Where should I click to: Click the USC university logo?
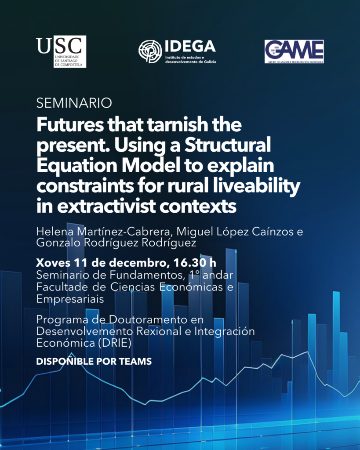[61, 52]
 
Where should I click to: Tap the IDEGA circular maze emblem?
[150, 51]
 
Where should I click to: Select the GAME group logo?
[294, 52]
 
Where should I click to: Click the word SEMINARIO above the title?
[74, 103]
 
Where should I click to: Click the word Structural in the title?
[228, 145]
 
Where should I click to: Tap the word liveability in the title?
[256, 186]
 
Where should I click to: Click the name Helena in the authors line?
[55, 231]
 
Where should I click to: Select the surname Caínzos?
[273, 231]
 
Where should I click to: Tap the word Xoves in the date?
[53, 263]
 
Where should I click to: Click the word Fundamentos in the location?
[146, 275]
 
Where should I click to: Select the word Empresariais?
[70, 299]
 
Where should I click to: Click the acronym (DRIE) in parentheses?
[114, 343]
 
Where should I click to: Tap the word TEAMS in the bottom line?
[135, 362]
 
